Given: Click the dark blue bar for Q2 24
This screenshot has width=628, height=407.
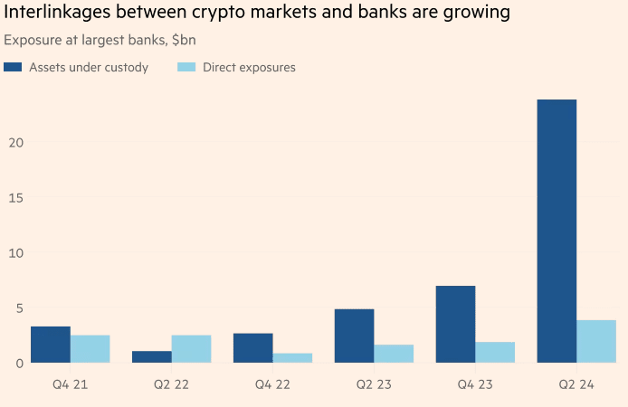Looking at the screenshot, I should (557, 231).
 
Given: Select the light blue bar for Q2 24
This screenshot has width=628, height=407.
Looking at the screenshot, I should (596, 342).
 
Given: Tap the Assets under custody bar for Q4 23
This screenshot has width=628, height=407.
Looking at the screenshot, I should (455, 325).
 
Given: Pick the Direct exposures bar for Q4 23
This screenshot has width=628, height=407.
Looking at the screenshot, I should (495, 353).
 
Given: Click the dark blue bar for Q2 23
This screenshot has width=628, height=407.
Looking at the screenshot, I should (354, 336).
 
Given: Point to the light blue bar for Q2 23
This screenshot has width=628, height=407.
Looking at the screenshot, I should (394, 354).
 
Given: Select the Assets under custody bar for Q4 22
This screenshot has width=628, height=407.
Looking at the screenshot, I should (252, 348).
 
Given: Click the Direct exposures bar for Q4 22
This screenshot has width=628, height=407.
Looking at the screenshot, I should (292, 358).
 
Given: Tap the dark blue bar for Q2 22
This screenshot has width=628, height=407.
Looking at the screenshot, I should (151, 357).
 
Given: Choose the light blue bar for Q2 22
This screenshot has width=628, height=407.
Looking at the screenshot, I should (191, 349).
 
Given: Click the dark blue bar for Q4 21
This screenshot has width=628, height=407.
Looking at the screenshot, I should (51, 345).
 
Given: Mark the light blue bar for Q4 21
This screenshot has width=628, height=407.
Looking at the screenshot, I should (90, 349).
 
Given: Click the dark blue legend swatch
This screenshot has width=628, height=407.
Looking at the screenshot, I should (13, 68).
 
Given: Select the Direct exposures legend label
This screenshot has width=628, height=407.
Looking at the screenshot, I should (249, 68).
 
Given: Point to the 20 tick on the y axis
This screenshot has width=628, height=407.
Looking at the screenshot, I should (13, 143).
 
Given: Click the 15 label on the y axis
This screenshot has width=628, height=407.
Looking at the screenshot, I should (13, 198).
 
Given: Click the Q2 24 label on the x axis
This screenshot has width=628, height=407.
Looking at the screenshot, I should (576, 385).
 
